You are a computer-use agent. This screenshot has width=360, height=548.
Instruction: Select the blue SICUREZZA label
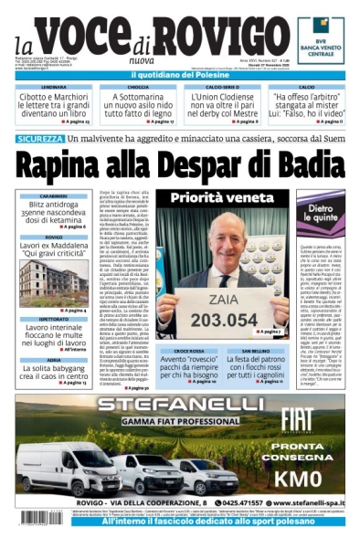tap(39, 139)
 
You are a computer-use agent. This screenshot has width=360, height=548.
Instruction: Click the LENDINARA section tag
tap(54, 87)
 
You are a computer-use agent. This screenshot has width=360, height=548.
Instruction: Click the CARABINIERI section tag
tap(54, 195)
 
